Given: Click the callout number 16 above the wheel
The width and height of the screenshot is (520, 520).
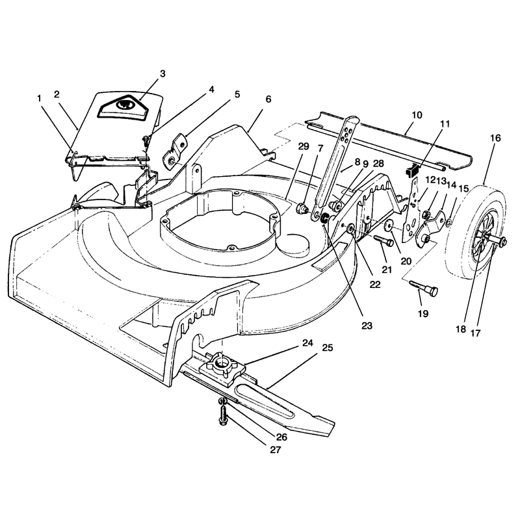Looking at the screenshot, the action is [x=495, y=138].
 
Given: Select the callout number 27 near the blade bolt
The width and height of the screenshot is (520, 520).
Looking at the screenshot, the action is [x=275, y=450].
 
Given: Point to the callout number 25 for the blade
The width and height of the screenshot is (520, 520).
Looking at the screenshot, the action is [x=328, y=348].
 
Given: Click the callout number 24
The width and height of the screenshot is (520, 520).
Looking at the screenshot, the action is [x=307, y=343].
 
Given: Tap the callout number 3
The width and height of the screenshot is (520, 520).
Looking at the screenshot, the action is [x=162, y=73].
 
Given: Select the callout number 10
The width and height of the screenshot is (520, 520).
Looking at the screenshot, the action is [x=417, y=115].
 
